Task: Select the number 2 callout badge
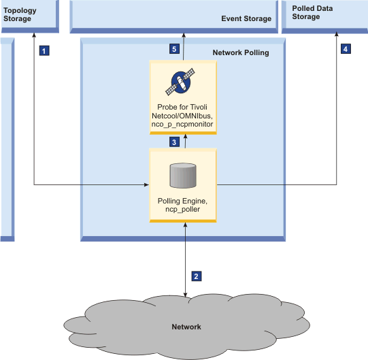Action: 197,276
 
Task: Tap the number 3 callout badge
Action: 174,142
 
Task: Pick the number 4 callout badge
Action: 346,50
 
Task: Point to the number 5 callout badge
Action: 174,50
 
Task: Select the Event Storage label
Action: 246,19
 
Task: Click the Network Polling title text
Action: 241,52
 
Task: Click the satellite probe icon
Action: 182,82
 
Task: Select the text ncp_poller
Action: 182,210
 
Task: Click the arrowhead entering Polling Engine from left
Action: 146,184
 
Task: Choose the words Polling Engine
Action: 182,201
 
